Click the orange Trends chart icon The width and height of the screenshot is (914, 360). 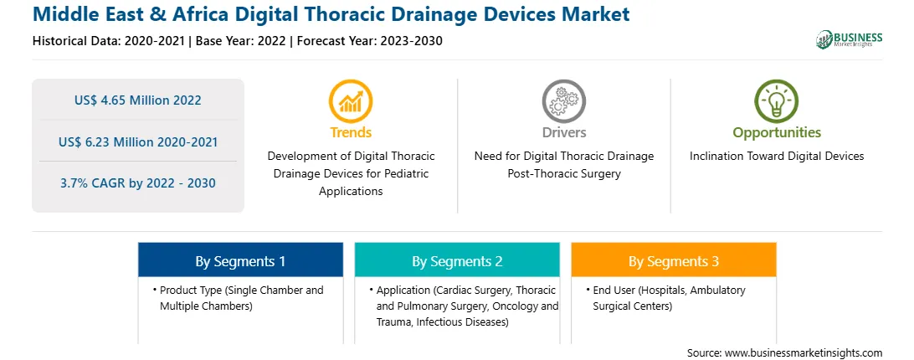point(351,101)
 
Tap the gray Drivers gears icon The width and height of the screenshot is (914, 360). point(563,101)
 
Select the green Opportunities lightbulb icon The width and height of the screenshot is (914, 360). point(777,101)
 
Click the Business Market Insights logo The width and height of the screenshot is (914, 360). point(850,39)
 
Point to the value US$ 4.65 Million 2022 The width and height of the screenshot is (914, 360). point(137,100)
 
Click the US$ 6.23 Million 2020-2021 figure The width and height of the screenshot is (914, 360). point(137,141)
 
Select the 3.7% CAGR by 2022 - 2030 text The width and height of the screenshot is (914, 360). point(137,183)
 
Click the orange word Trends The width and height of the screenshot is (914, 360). point(351,132)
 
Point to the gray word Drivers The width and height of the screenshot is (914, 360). point(563,132)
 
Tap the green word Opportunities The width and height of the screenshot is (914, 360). point(777,132)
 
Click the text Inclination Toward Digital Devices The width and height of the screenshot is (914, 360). point(777,157)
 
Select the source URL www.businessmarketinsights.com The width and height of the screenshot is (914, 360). point(804,352)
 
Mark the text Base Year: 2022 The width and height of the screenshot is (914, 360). point(241,41)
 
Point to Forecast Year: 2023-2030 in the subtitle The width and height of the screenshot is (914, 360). point(370,41)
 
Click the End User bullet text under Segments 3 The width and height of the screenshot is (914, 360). point(665,297)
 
